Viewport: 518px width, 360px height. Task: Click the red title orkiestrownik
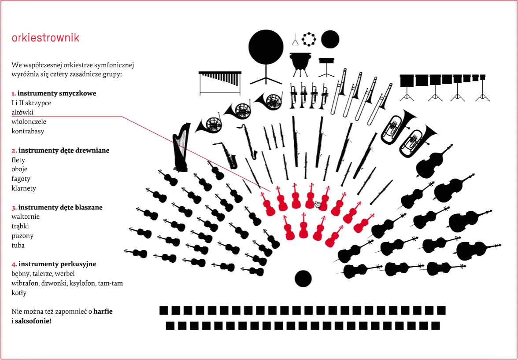click(45, 38)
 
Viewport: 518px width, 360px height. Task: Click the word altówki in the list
click(22, 112)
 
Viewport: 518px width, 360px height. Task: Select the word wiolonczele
click(29, 121)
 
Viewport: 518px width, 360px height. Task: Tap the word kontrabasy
click(28, 131)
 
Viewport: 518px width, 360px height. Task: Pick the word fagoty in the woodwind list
click(21, 179)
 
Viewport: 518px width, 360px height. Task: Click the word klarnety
click(24, 188)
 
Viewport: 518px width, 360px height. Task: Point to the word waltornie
click(26, 217)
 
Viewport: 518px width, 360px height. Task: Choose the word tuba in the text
click(18, 245)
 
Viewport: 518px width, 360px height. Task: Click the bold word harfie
click(103, 312)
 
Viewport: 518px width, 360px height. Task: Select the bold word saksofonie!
click(33, 321)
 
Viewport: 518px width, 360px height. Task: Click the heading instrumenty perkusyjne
click(57, 264)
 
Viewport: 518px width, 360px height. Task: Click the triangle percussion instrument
click(295, 41)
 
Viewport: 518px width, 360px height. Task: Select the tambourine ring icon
click(309, 40)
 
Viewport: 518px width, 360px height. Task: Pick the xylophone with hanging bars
click(220, 82)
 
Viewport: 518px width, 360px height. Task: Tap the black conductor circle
click(303, 278)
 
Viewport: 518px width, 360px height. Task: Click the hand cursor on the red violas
click(318, 204)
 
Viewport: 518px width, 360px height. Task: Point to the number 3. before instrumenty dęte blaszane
click(14, 207)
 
